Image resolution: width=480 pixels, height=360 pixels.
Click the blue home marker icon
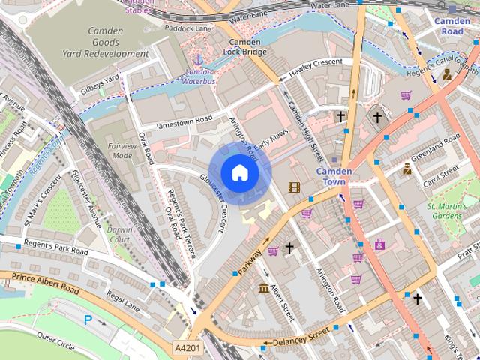click(239, 172)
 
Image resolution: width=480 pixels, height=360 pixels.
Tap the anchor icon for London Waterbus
click(199, 58)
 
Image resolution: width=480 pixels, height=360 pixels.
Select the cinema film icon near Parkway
click(293, 187)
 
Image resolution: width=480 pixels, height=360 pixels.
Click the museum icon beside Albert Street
click(263, 289)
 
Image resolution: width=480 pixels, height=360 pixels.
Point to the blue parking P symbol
click(88, 320)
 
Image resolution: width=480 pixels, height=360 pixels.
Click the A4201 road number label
click(187, 349)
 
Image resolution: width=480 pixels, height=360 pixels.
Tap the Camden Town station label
click(334, 176)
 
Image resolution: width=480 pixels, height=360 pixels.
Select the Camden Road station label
click(452, 27)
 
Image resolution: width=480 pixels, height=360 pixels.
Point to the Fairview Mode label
click(121, 151)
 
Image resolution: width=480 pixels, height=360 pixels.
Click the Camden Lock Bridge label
click(244, 48)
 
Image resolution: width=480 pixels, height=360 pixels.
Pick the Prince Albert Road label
click(45, 283)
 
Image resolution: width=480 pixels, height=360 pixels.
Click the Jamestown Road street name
click(184, 122)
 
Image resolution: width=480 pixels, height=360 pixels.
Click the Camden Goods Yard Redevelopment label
click(118, 43)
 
